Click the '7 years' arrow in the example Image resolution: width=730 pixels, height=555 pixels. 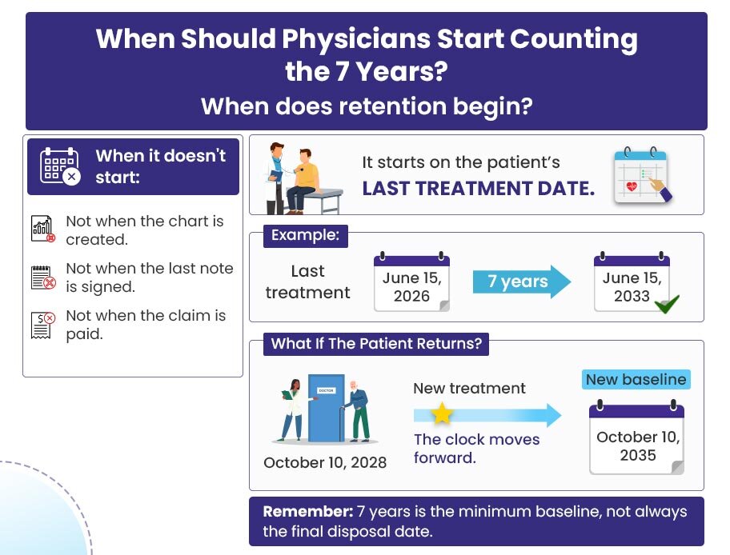(x=521, y=281)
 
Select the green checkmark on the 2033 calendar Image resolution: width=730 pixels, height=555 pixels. (x=667, y=304)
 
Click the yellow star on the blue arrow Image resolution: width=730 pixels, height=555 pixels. (x=441, y=413)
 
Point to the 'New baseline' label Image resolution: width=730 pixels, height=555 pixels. (x=636, y=380)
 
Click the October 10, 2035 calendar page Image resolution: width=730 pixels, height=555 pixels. (x=636, y=437)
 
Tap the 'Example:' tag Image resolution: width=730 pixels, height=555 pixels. (x=306, y=235)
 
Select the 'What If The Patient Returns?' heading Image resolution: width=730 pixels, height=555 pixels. (x=376, y=344)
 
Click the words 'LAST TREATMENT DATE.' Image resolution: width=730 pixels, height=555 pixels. (x=479, y=189)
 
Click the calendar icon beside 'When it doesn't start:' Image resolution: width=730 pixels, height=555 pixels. (x=60, y=166)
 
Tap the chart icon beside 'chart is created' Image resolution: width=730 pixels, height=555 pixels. (x=43, y=229)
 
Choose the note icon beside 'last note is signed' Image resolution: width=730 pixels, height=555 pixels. (x=43, y=277)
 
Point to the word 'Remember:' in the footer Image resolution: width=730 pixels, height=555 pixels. (x=307, y=512)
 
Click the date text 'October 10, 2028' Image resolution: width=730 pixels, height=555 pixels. (x=325, y=462)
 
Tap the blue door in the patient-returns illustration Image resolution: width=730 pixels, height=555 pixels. (x=327, y=408)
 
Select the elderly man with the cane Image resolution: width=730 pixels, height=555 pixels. (x=356, y=411)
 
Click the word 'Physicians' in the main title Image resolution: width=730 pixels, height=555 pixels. (x=356, y=38)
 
